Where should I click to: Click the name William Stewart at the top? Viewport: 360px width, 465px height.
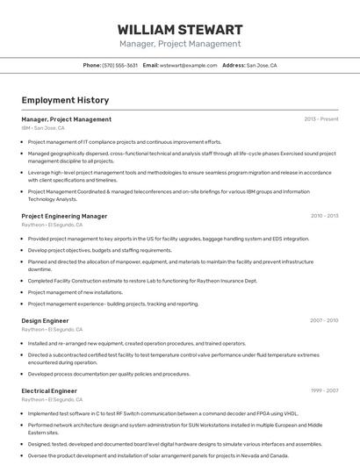179,29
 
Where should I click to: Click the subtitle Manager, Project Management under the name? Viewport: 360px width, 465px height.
179,44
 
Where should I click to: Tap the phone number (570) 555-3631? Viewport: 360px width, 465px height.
120,65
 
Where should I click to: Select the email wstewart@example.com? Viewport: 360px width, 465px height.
188,65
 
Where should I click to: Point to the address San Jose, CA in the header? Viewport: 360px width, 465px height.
261,65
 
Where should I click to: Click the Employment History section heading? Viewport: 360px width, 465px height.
59,101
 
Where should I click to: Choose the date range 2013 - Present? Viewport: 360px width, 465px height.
320,119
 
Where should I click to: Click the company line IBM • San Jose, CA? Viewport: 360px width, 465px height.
43,128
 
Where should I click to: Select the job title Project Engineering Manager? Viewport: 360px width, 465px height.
64,216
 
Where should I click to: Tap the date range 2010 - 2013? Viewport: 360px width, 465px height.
324,216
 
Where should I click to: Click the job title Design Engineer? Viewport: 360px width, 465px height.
45,321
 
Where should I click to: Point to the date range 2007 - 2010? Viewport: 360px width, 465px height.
324,321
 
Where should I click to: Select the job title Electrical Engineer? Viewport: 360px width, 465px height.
49,390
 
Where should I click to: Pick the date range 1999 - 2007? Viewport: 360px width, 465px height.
324,390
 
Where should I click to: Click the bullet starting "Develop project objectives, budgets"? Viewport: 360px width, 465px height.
99,250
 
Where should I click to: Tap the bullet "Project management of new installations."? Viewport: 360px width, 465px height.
76,292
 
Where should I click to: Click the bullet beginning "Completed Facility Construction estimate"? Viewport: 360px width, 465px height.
142,281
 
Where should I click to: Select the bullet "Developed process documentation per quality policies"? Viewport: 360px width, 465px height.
109,374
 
